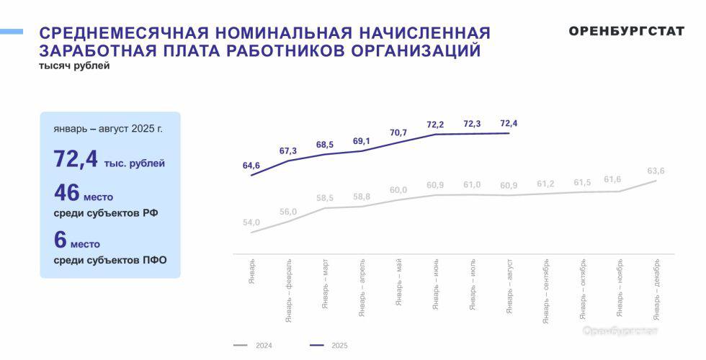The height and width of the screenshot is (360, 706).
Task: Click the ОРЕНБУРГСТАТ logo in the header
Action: [626, 31]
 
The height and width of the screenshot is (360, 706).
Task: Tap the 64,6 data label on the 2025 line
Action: [251, 166]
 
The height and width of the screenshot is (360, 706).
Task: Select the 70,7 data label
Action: [398, 132]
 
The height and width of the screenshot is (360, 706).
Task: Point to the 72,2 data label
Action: [435, 125]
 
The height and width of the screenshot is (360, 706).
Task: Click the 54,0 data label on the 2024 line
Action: [251, 222]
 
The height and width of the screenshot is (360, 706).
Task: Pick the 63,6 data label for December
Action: [656, 171]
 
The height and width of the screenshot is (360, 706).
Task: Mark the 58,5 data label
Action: [325, 198]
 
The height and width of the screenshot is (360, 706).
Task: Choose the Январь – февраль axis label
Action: [288, 288]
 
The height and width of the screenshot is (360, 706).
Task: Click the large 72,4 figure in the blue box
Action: [76, 159]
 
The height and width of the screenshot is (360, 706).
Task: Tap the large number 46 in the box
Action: [66, 193]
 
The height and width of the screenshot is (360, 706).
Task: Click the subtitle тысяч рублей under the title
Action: [74, 66]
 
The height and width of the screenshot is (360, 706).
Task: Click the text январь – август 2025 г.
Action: [108, 129]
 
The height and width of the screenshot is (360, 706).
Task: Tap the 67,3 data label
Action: [288, 150]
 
